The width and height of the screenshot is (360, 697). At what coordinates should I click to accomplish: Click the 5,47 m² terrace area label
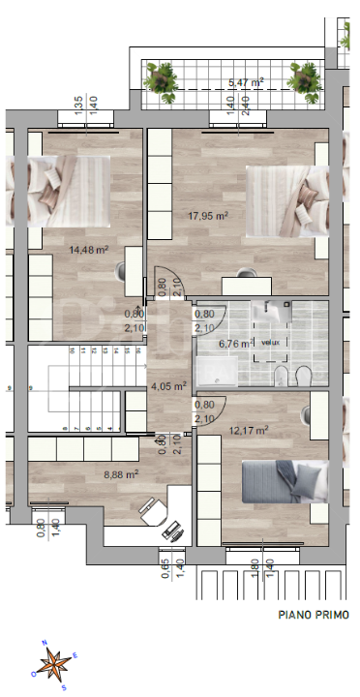[x=245, y=84]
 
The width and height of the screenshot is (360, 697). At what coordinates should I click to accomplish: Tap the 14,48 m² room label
[x=87, y=250]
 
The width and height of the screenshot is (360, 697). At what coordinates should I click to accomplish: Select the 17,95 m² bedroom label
[x=208, y=216]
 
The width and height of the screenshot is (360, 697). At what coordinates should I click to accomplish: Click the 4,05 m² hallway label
[x=169, y=386]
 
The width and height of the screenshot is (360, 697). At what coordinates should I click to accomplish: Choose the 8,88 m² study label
[x=121, y=474]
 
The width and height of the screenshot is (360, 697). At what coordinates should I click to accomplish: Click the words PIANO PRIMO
[x=314, y=614]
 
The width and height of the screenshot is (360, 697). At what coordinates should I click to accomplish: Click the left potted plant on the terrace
[x=160, y=80]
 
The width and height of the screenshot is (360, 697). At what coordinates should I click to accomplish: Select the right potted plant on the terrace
[x=307, y=80]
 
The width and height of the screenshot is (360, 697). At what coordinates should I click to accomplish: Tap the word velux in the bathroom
[x=269, y=342]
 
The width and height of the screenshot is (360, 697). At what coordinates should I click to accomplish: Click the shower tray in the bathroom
[x=224, y=371]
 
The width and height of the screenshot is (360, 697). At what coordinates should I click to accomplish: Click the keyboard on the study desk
[x=171, y=531]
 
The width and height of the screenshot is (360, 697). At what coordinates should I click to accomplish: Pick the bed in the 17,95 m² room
[x=285, y=200]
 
